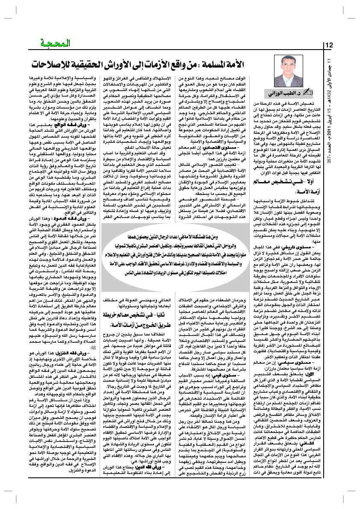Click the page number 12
[x=330, y=45]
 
